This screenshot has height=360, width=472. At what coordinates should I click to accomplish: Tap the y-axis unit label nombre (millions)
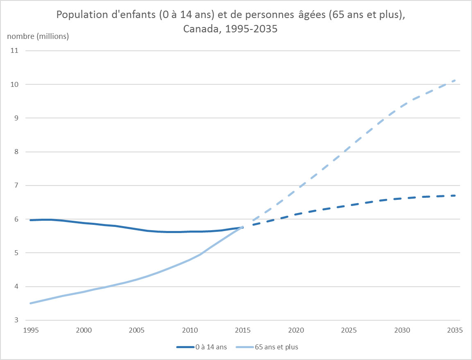(x=38, y=36)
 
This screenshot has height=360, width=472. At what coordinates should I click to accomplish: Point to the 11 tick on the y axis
(x=17, y=51)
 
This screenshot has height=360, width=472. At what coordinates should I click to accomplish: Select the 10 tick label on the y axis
(x=17, y=84)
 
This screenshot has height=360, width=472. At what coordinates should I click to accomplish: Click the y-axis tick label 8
(x=17, y=152)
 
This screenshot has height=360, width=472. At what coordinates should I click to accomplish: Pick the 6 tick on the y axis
(x=17, y=219)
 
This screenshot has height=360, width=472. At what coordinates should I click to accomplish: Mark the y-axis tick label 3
(x=17, y=320)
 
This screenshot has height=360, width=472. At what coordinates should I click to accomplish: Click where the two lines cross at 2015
(x=244, y=226)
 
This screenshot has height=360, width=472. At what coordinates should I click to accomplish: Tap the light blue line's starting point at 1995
(x=31, y=303)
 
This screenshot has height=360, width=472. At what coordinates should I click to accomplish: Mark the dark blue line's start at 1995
(x=31, y=220)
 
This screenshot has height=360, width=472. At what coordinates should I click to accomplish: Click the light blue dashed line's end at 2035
(x=455, y=80)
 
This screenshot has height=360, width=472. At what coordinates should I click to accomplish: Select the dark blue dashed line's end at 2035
(x=455, y=196)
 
